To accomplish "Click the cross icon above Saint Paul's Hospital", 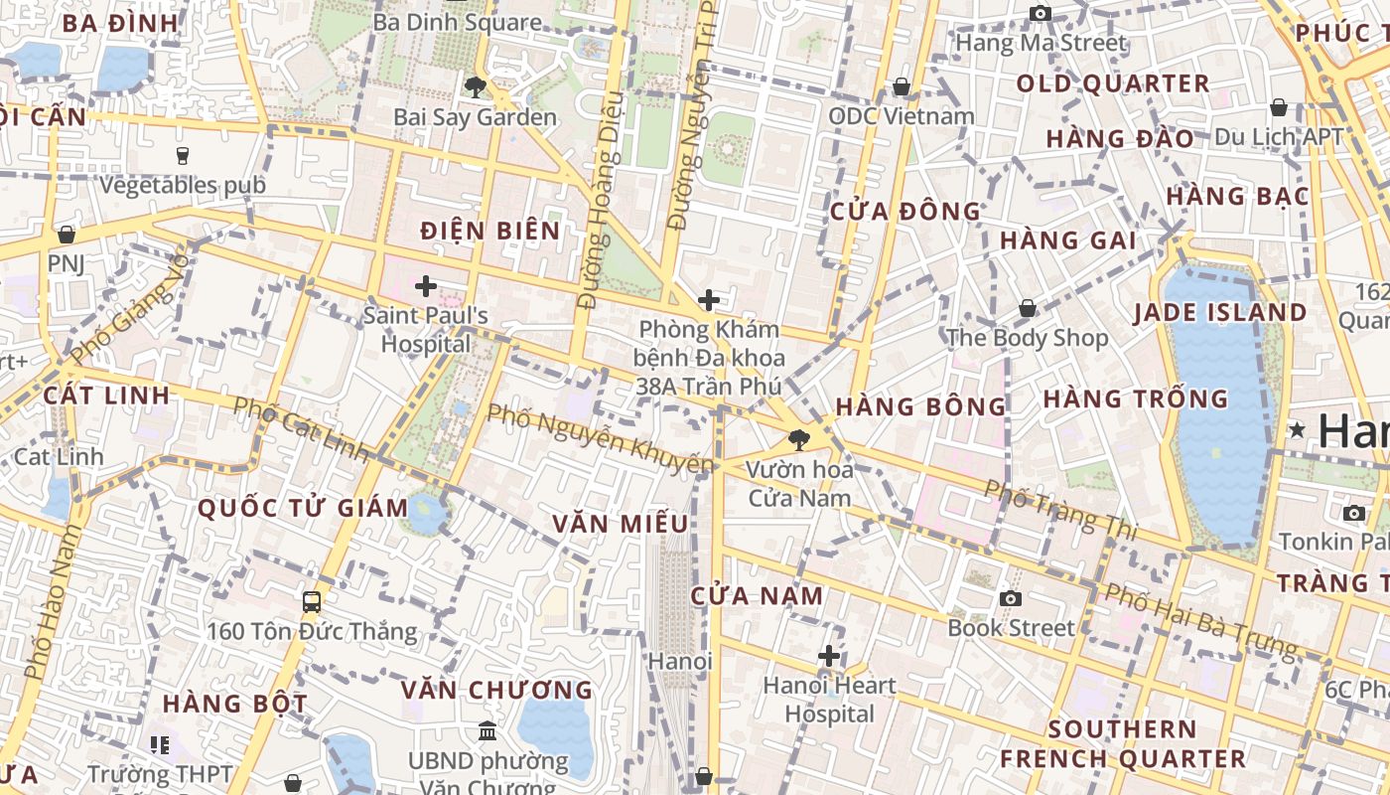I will pos(426,287).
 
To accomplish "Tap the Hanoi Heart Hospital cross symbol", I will pos(829,656).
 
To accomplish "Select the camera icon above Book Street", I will pos(1011,598).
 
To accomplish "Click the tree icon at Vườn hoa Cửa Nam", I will pos(798,439).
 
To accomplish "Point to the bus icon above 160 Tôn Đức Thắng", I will pos(312,601).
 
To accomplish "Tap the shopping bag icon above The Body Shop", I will pos(1028,308).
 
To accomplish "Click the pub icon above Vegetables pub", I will pos(183,155).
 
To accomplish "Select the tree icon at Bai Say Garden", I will pos(476,87).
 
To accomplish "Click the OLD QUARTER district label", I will pos(1113,83).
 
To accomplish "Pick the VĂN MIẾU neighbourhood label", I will pos(621,524).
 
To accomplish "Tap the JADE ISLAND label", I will pos(1221,312).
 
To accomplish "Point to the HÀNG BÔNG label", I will pos(921,406).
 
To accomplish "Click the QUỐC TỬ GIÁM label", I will pos(303,508).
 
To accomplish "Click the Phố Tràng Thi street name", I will pos(1060,509).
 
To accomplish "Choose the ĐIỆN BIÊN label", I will pos(490,231).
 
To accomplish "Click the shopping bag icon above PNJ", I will pos(67,235).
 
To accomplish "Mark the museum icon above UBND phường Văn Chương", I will pos(487,731).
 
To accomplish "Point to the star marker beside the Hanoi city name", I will pos(1297,430).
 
